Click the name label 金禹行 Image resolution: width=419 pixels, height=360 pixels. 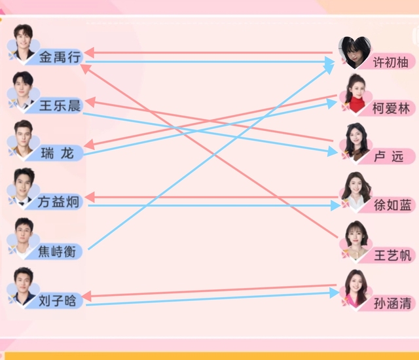(x=60, y=57)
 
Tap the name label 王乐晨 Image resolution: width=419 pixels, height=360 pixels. (x=60, y=105)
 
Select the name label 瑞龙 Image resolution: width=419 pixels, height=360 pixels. (x=58, y=154)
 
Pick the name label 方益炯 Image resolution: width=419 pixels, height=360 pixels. (x=60, y=202)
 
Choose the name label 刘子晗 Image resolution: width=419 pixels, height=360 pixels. (x=58, y=300)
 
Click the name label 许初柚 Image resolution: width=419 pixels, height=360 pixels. (x=390, y=63)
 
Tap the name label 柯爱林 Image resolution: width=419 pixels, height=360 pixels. (x=390, y=109)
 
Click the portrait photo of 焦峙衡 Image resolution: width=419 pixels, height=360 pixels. (x=24, y=235)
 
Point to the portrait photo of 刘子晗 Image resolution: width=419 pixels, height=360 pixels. (x=24, y=285)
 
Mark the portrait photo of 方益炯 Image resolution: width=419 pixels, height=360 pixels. (x=24, y=186)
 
